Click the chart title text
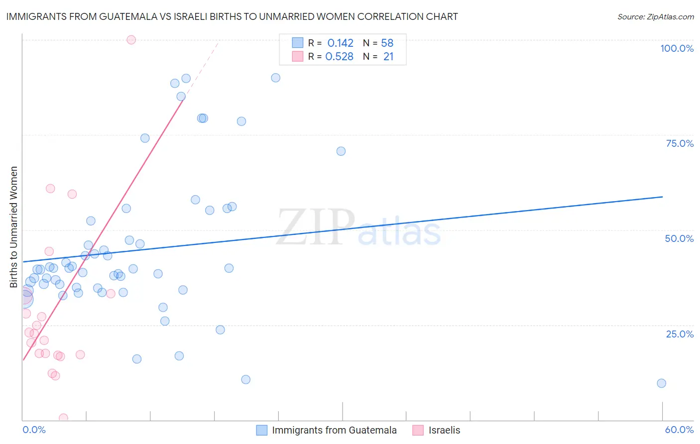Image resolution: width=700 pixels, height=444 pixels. [x=232, y=16]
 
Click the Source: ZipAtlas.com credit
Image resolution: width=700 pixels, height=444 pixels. [x=655, y=16]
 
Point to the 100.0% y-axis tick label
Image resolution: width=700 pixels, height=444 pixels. [x=677, y=48]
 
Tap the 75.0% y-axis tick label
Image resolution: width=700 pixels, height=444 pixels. [x=680, y=143]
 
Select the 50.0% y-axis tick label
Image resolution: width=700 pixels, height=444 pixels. [x=679, y=238]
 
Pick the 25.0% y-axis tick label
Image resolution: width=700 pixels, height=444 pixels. [x=680, y=333]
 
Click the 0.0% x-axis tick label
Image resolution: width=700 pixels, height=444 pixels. [x=34, y=430]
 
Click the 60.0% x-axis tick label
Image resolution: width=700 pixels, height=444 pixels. [x=679, y=430]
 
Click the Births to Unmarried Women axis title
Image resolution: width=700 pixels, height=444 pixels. [x=13, y=227]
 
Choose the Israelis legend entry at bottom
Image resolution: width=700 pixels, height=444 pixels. [x=444, y=430]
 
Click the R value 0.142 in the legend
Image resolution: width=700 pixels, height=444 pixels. [x=340, y=43]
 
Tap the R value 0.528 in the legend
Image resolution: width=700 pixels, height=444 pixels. [x=339, y=57]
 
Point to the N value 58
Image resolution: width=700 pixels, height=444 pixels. [x=387, y=43]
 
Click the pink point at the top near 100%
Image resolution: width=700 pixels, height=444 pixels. [x=131, y=40]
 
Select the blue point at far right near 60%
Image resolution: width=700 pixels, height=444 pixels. [x=661, y=383]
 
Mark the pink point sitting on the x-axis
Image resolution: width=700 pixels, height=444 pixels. [x=63, y=418]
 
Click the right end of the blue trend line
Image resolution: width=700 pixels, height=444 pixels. [x=662, y=197]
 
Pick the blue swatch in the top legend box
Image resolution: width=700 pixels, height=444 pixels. [x=297, y=43]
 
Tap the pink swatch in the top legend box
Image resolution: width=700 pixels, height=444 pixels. [x=297, y=56]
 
